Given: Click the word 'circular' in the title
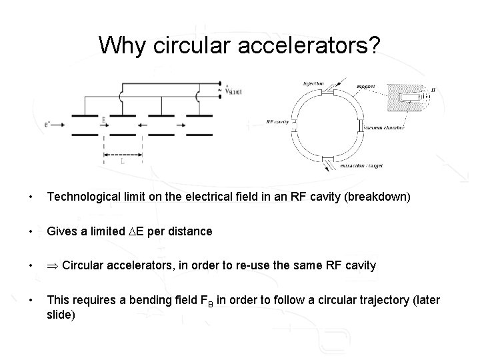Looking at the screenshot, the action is pos(180,45).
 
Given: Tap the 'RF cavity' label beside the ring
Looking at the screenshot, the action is pos(277,123).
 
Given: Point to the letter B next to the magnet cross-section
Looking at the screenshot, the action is pos(434,89).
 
